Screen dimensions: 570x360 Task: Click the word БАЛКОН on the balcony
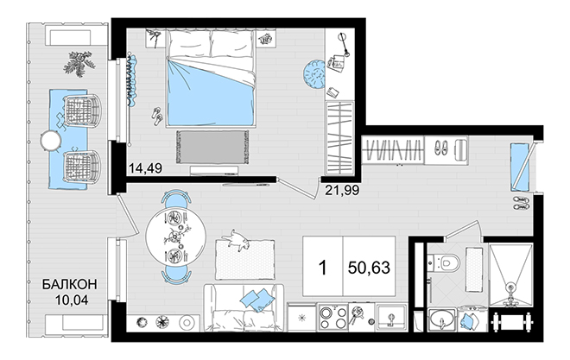(x=69, y=284)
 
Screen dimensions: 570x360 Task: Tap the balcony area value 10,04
(x=72, y=300)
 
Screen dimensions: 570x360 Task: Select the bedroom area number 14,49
(x=145, y=167)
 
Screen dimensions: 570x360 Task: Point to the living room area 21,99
(x=342, y=190)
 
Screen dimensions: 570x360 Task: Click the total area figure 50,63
(x=369, y=268)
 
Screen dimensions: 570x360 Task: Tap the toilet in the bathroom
(x=445, y=262)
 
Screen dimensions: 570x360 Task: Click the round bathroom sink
(x=441, y=319)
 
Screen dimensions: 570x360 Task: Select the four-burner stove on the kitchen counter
(x=332, y=318)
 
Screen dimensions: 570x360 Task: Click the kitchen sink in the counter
(x=391, y=319)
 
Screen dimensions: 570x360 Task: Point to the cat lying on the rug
(x=237, y=240)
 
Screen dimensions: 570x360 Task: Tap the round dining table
(x=175, y=237)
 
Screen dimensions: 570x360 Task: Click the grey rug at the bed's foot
(x=212, y=147)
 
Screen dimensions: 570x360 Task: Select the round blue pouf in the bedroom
(x=313, y=74)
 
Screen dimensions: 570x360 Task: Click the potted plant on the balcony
(x=79, y=64)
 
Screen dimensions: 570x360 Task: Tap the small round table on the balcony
(x=51, y=140)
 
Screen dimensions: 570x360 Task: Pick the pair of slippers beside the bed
(x=157, y=117)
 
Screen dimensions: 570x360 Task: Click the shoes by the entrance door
(x=521, y=203)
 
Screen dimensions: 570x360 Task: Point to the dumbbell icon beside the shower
(x=512, y=322)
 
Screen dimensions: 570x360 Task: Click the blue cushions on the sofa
(x=256, y=300)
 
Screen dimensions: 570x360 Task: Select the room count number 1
(x=322, y=268)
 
